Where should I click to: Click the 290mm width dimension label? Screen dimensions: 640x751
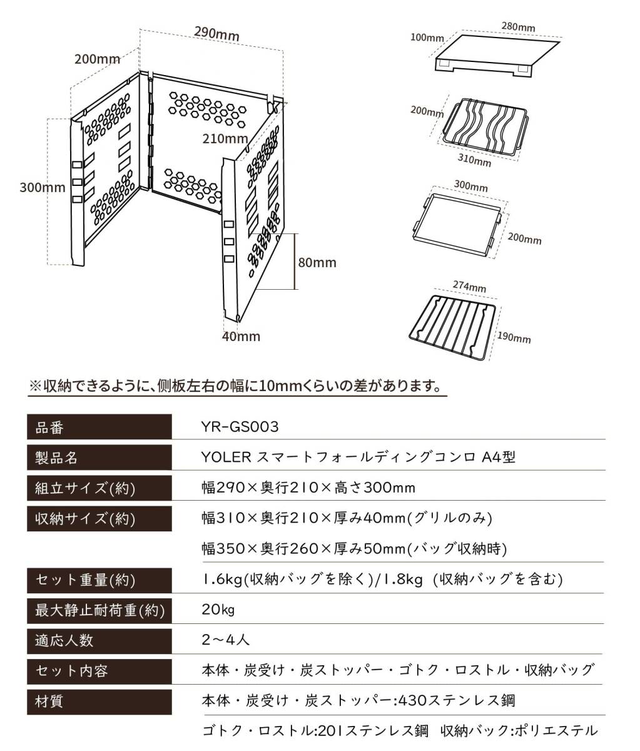pos(216,34)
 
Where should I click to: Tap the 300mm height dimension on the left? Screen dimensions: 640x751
pos(42,187)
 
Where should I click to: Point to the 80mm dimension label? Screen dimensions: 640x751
pos(317,262)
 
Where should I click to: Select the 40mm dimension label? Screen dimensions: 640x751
pos(241,336)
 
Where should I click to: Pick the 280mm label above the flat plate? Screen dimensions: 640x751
pos(518,27)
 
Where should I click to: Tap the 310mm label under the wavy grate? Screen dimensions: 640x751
pos(474,160)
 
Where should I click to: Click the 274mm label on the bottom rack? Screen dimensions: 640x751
pos(469,287)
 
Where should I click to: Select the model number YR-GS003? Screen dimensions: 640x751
pos(240,427)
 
